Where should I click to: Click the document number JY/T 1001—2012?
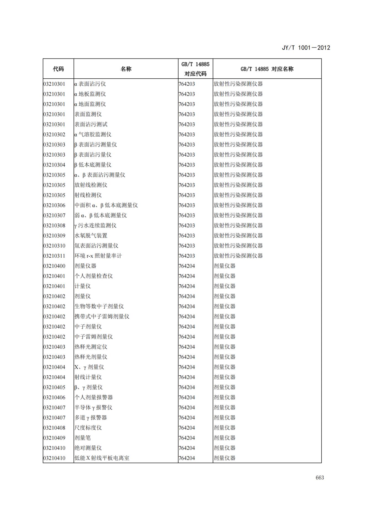[306, 48]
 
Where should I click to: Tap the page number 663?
[319, 477]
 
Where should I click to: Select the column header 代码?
[58, 69]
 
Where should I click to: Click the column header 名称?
[126, 69]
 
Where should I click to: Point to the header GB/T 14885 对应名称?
[267, 69]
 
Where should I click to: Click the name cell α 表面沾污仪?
[90, 84]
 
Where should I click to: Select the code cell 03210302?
[54, 135]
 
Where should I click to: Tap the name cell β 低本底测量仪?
[93, 165]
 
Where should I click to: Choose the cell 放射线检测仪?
[91, 185]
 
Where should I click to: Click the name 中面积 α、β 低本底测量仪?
[106, 205]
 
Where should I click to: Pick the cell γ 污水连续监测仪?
[95, 226]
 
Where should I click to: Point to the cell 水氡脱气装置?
[91, 236]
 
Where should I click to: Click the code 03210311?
[54, 256]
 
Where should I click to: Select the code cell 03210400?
[54, 266]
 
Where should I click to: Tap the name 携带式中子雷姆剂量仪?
[102, 317]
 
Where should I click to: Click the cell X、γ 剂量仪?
[89, 367]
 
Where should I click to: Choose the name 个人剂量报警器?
[94, 397]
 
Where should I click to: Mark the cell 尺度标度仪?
[88, 428]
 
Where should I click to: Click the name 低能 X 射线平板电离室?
[102, 458]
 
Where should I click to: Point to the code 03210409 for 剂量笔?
[54, 438]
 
